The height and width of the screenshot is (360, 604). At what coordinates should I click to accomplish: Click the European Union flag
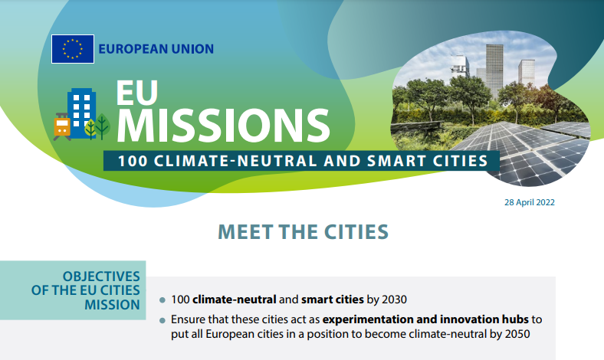pyautogui.click(x=73, y=49)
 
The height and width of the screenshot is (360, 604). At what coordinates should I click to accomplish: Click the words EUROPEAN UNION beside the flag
pyautogui.click(x=156, y=49)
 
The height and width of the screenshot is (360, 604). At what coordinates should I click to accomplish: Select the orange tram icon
pyautogui.click(x=62, y=126)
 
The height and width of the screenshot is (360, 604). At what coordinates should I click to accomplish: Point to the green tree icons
pyautogui.click(x=97, y=126)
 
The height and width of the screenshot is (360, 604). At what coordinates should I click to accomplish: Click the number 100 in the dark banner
pyautogui.click(x=132, y=162)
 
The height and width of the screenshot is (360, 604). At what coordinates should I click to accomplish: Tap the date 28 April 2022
pyautogui.click(x=529, y=203)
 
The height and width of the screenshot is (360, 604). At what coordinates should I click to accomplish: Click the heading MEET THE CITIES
pyautogui.click(x=303, y=231)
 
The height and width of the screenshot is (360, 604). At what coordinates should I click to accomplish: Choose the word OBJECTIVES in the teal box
pyautogui.click(x=101, y=276)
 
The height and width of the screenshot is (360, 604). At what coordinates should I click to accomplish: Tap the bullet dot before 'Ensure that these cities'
pyautogui.click(x=162, y=319)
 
